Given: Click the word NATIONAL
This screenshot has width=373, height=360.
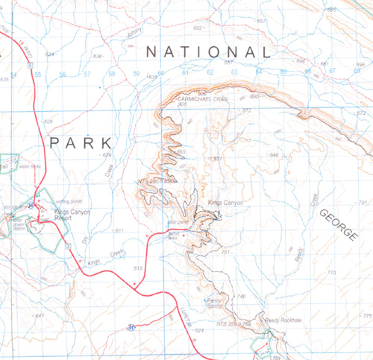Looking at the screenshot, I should [x=207, y=52].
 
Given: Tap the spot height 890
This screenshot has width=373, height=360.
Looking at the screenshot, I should [x=254, y=97].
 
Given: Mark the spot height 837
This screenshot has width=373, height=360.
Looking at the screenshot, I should [x=219, y=159].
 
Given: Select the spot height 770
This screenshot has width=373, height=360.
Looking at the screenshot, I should [x=332, y=274].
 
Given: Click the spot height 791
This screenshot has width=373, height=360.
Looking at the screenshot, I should [x=363, y=203].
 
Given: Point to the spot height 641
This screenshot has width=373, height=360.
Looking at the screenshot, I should [x=40, y=316].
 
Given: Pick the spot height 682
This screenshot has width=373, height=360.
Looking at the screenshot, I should [x=198, y=28].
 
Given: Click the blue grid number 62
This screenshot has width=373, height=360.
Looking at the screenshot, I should [x=210, y=73].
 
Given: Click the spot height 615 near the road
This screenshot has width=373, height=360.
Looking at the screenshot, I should [x=137, y=268].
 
